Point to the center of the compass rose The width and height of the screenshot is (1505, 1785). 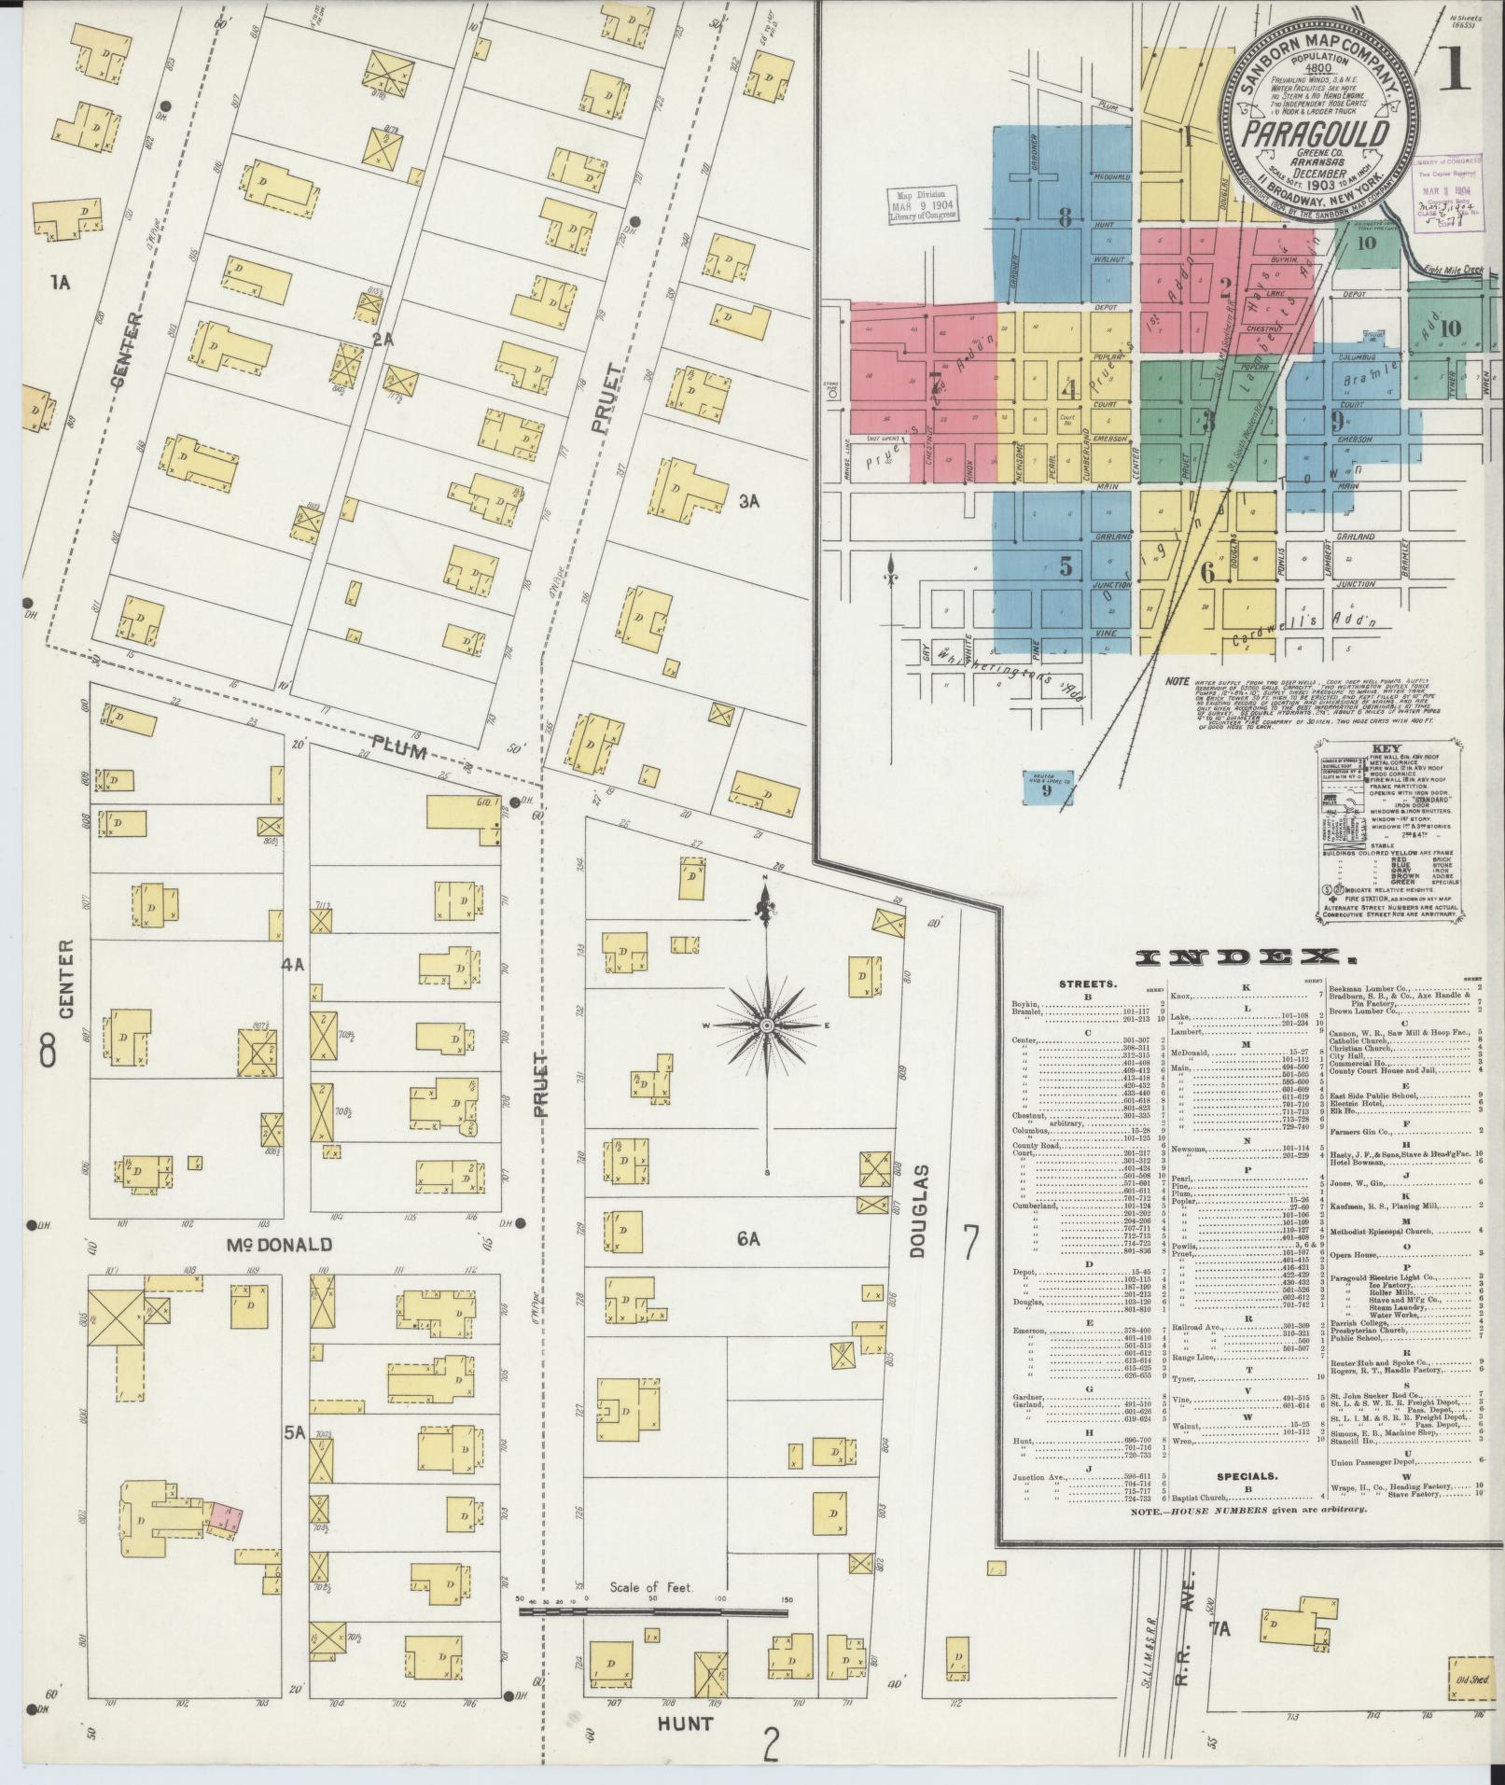[766, 1025]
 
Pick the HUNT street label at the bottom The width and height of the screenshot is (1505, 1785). [686, 1724]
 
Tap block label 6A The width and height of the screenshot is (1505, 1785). [748, 1238]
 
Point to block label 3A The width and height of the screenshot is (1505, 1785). [750, 501]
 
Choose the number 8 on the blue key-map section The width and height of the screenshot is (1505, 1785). [1065, 220]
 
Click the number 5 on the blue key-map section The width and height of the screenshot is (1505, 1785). [1065, 566]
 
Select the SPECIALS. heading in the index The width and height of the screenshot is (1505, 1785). [1245, 1503]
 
